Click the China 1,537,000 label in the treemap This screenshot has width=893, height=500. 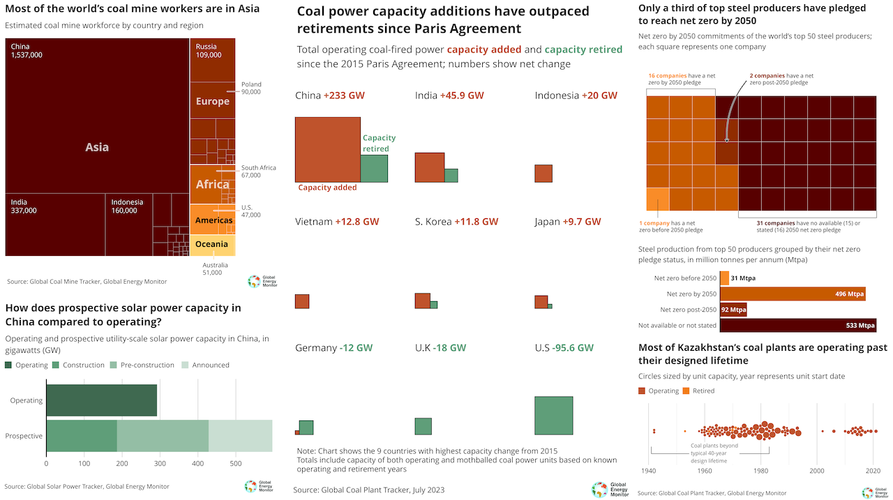tap(27, 51)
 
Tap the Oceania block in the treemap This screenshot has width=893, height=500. tap(212, 245)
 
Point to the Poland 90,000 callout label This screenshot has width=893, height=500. tap(251, 88)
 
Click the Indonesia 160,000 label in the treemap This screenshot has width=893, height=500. tap(127, 206)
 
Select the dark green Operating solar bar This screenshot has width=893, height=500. tap(102, 400)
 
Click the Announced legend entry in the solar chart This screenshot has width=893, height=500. tap(206, 365)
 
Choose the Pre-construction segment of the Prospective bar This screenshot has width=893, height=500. tap(163, 436)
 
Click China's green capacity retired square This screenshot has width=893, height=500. tap(374, 169)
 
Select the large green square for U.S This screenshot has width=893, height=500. tap(553, 415)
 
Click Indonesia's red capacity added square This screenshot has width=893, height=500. tap(543, 174)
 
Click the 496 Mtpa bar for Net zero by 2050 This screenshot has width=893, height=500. tap(793, 294)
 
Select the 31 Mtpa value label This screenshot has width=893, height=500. tap(743, 278)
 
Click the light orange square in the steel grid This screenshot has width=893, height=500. tap(658, 199)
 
